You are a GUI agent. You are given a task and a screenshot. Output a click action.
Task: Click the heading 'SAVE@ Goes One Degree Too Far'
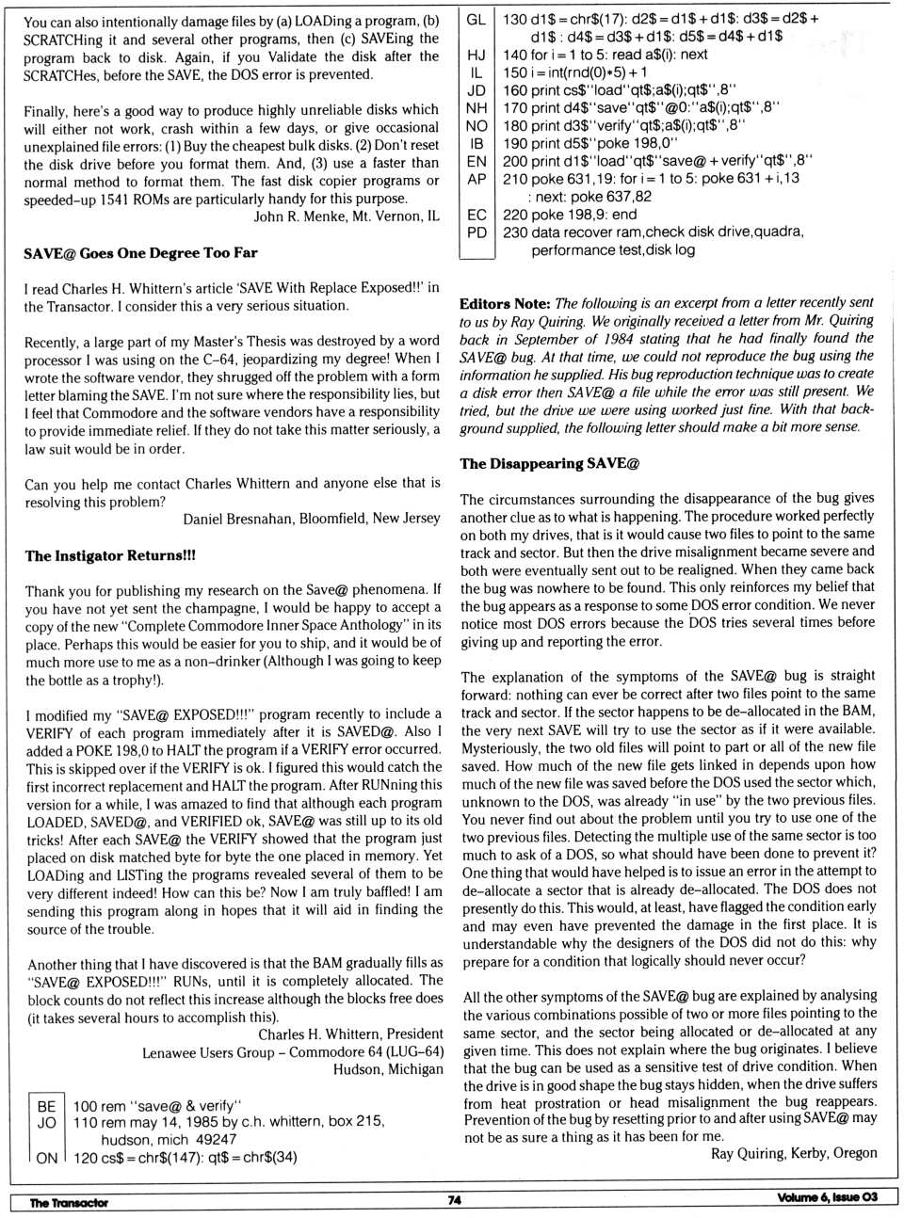coord(140,253)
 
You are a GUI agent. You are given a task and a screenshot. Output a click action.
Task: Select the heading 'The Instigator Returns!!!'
coord(110,556)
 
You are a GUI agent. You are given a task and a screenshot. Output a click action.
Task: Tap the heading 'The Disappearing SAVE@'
coord(549,463)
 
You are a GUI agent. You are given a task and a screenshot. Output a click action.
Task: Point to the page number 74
coord(454,1200)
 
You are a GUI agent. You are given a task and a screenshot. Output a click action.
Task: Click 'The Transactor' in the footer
coord(68,1202)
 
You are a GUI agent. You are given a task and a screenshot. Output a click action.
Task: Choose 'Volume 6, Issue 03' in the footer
coord(826,1197)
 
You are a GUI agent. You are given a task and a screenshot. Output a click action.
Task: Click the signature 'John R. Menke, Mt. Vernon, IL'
coord(346,216)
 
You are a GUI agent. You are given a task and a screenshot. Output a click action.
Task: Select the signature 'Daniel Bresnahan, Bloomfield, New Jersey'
coord(311,519)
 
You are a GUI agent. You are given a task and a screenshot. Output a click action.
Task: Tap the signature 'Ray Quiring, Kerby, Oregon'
coord(793,1153)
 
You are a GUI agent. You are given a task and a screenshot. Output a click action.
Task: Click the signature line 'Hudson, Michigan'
coord(387,1069)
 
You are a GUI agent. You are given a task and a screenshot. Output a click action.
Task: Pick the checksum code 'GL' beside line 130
coord(476,19)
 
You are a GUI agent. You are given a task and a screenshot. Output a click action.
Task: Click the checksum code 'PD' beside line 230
coord(476,232)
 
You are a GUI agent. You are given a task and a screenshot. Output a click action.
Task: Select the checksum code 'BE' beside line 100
coord(47,1106)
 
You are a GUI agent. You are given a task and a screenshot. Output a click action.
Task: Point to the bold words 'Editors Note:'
coord(505,303)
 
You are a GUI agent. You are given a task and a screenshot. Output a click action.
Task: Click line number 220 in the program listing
coord(515,215)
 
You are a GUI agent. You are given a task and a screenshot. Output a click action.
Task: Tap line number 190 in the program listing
coord(515,143)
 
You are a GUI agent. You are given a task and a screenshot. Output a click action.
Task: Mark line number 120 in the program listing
coord(85,1158)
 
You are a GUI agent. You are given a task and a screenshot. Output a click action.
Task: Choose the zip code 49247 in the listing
coord(217,1139)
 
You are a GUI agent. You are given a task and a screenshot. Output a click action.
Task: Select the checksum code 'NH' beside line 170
coord(476,108)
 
